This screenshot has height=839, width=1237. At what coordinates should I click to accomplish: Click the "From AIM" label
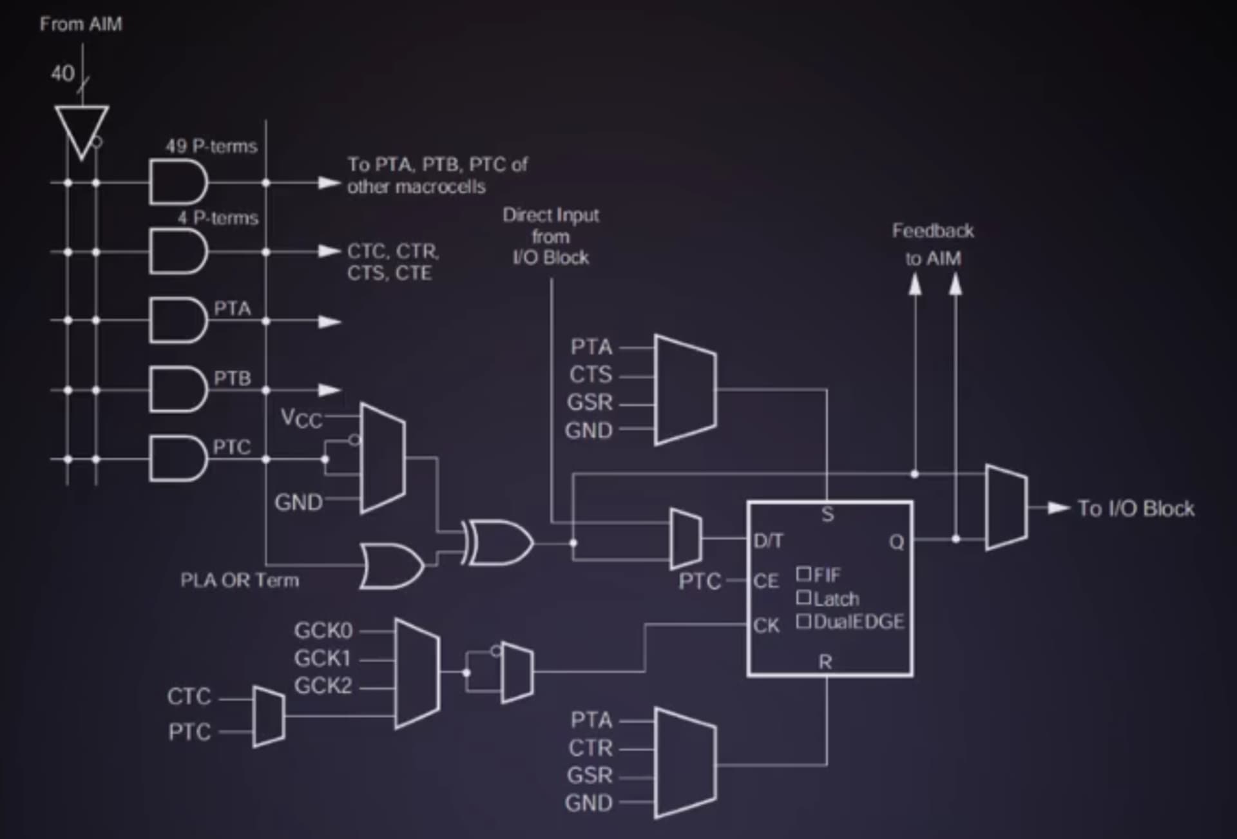tap(81, 24)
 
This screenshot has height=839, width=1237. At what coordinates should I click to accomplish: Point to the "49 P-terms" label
tap(211, 146)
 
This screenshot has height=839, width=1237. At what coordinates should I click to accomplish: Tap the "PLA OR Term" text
tap(240, 581)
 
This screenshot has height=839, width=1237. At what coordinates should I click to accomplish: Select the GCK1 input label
tap(323, 659)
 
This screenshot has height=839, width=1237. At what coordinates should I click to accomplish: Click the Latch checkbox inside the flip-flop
tap(803, 597)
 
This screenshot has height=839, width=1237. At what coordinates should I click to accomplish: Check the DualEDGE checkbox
tap(803, 621)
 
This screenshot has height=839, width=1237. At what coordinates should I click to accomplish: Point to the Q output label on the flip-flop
tap(896, 542)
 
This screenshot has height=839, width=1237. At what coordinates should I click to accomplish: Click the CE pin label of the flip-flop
tap(766, 581)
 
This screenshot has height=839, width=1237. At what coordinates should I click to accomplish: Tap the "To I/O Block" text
tap(1136, 508)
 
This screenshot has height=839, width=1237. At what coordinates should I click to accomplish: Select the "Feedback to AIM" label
tap(933, 244)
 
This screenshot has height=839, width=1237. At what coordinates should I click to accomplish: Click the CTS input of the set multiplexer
tap(591, 374)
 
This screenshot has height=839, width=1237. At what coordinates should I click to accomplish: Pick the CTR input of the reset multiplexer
tap(590, 747)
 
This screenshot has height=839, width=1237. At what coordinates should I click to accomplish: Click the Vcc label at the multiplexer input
tap(301, 418)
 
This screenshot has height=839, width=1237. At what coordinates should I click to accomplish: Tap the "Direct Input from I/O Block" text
tap(551, 236)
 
